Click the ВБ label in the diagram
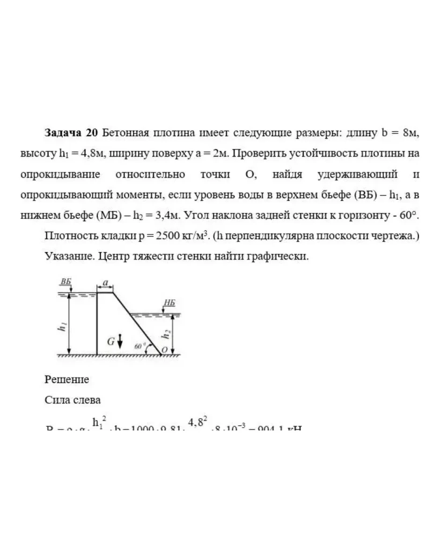click(66, 282)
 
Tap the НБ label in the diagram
click(169, 303)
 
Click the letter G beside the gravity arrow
click(111, 341)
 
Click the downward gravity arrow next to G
click(120, 341)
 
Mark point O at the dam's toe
click(164, 349)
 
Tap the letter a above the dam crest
click(105, 282)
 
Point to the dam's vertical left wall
click(96, 323)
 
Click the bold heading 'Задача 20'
click(71, 133)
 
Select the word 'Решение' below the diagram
click(66, 379)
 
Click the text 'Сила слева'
click(73, 400)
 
